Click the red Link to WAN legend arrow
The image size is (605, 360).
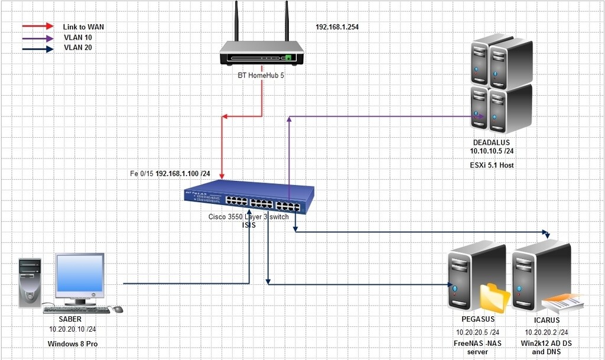coord(37,27)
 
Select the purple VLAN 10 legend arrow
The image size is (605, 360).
coord(37,37)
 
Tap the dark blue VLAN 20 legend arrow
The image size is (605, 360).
coord(37,48)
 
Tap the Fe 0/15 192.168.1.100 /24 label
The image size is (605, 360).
coord(170,174)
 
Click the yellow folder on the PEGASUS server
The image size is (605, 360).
coord(494,299)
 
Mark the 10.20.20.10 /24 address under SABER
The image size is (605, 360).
coord(73,329)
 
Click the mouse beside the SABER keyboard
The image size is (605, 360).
coord(118,309)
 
